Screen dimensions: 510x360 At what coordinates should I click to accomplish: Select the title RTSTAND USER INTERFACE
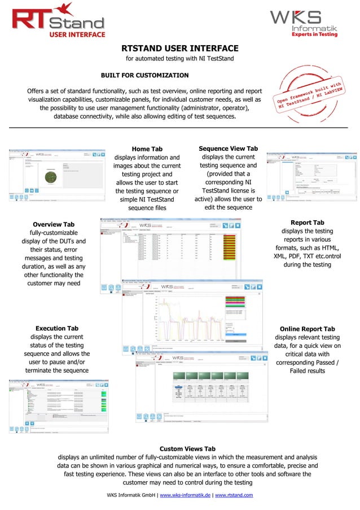[x=181, y=49]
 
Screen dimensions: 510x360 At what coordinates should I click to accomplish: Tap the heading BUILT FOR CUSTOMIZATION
[x=144, y=75]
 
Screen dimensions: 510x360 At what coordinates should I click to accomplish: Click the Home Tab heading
[x=147, y=149]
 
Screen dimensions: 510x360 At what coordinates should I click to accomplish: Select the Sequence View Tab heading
[x=228, y=148]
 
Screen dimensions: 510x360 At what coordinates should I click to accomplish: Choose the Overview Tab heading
[x=54, y=224]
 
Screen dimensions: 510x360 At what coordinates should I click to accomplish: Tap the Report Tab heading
[x=307, y=223]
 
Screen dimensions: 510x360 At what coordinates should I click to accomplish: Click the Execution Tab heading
[x=57, y=328]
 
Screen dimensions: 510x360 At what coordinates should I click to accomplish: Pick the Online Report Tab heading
[x=307, y=329]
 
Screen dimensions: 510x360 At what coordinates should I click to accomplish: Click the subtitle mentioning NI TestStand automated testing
[x=179, y=59]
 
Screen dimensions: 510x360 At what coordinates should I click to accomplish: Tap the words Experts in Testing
[x=314, y=34]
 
